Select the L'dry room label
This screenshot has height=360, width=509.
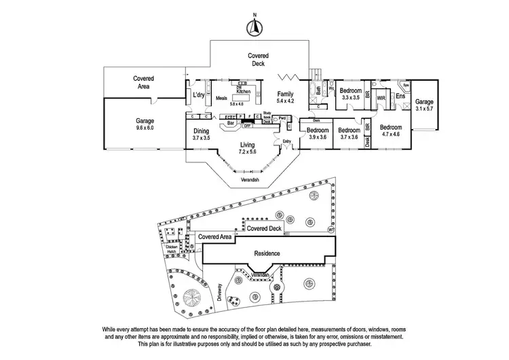click(x=199, y=95)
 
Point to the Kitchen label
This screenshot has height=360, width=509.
click(x=244, y=91)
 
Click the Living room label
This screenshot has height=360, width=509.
click(x=248, y=144)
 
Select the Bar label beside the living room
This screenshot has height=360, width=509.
click(x=231, y=124)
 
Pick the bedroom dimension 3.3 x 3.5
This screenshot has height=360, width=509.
click(x=350, y=98)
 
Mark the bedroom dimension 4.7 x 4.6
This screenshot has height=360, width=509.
click(x=390, y=135)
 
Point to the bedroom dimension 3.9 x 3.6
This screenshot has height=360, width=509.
click(x=317, y=137)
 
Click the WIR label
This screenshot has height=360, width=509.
click(x=381, y=97)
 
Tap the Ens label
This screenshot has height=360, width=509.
click(x=400, y=97)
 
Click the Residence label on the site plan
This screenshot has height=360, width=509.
click(x=267, y=252)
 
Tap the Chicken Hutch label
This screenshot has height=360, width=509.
click(x=181, y=249)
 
